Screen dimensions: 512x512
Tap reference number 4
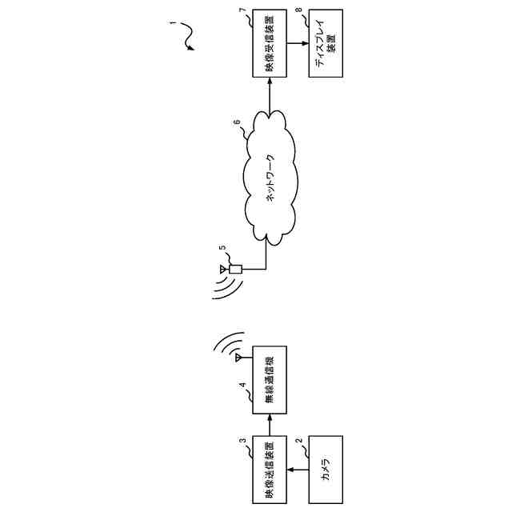[x=242, y=385]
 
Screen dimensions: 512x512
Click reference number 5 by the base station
[x=222, y=249]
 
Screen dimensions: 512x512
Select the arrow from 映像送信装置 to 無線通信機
[x=269, y=422]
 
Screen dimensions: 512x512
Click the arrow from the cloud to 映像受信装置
[x=269, y=94]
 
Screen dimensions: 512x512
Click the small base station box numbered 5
[x=235, y=270]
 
